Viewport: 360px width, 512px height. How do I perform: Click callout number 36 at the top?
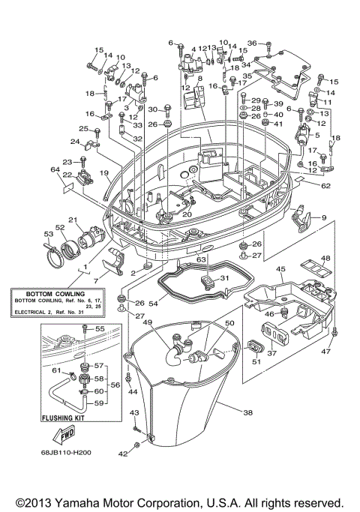(252, 43)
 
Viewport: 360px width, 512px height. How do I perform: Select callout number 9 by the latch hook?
(324, 217)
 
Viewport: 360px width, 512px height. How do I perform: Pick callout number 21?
(73, 220)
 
